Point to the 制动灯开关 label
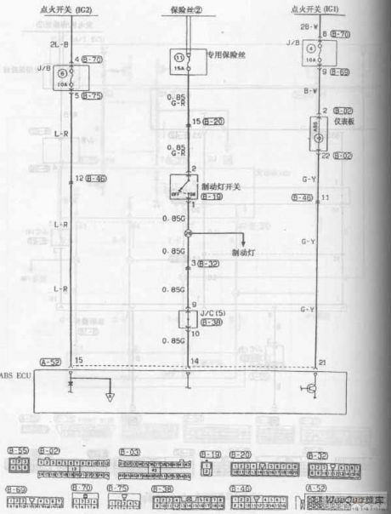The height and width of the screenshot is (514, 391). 223,185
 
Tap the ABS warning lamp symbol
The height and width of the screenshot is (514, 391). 318,134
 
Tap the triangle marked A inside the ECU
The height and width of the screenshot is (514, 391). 107,396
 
